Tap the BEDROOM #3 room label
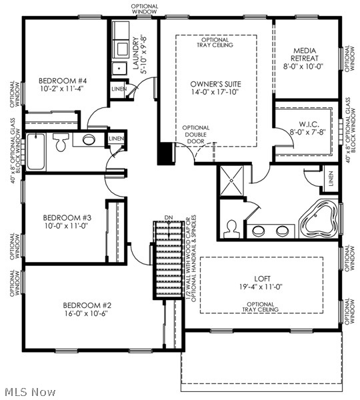point(67,217)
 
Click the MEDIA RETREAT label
point(308,51)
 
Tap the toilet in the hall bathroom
point(61,141)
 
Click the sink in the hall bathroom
point(88,140)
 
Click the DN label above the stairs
point(169,219)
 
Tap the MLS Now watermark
point(29,392)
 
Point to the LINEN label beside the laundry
point(119,88)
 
